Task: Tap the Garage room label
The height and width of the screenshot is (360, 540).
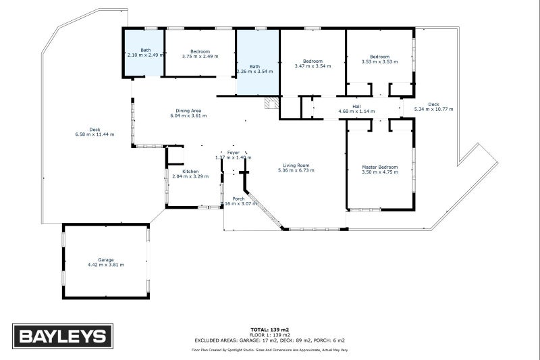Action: click(105, 259)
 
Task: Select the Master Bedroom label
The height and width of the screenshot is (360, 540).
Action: click(379, 167)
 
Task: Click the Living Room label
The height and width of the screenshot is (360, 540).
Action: click(296, 165)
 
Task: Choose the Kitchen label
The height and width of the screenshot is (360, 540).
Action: click(190, 172)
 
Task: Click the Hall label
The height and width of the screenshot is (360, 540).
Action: click(356, 106)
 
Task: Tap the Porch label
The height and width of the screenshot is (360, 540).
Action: click(238, 199)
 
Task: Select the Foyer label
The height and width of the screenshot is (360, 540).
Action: click(233, 153)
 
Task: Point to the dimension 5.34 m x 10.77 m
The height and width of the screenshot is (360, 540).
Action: click(433, 109)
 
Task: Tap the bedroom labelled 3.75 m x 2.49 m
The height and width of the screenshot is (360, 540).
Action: click(200, 53)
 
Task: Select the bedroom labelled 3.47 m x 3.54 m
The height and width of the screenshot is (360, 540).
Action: click(313, 63)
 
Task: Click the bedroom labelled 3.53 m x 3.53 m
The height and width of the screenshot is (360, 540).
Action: click(379, 59)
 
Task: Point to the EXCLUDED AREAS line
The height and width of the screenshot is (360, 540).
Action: click(269, 340)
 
